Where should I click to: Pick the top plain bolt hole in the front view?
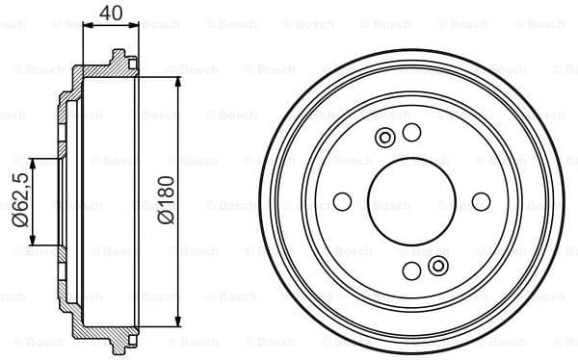(411, 133)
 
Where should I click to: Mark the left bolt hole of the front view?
(342, 202)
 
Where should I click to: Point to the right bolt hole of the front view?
(480, 202)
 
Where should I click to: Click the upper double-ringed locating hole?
(385, 138)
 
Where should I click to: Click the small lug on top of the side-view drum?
(119, 57)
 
